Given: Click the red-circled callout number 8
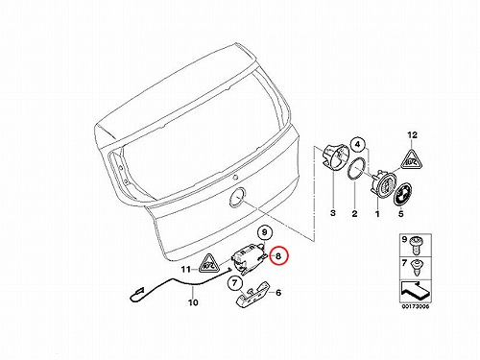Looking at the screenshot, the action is tap(278, 256).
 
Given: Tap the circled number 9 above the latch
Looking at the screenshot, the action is tap(265, 231).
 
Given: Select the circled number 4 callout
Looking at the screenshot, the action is tap(358, 145).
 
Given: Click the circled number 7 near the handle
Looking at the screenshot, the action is tap(235, 283).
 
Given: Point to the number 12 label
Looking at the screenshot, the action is tap(413, 135).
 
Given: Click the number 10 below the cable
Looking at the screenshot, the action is tap(193, 302).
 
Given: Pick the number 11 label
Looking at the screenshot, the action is tap(186, 270).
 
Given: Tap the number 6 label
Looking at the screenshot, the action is tap(278, 293).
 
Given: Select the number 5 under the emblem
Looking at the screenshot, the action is tap(401, 213).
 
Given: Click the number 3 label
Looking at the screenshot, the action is tap(333, 213).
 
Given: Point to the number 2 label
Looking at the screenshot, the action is tap(354, 213).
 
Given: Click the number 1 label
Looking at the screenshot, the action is tap(377, 213).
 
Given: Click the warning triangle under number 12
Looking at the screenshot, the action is tap(412, 159).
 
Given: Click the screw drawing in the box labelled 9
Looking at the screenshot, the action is tap(416, 244).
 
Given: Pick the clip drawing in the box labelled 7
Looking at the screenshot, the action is tap(416, 268).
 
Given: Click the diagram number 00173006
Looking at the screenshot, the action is tap(415, 306).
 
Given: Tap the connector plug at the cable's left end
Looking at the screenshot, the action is tap(137, 293).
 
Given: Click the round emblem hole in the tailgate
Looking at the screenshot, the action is tap(236, 198).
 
